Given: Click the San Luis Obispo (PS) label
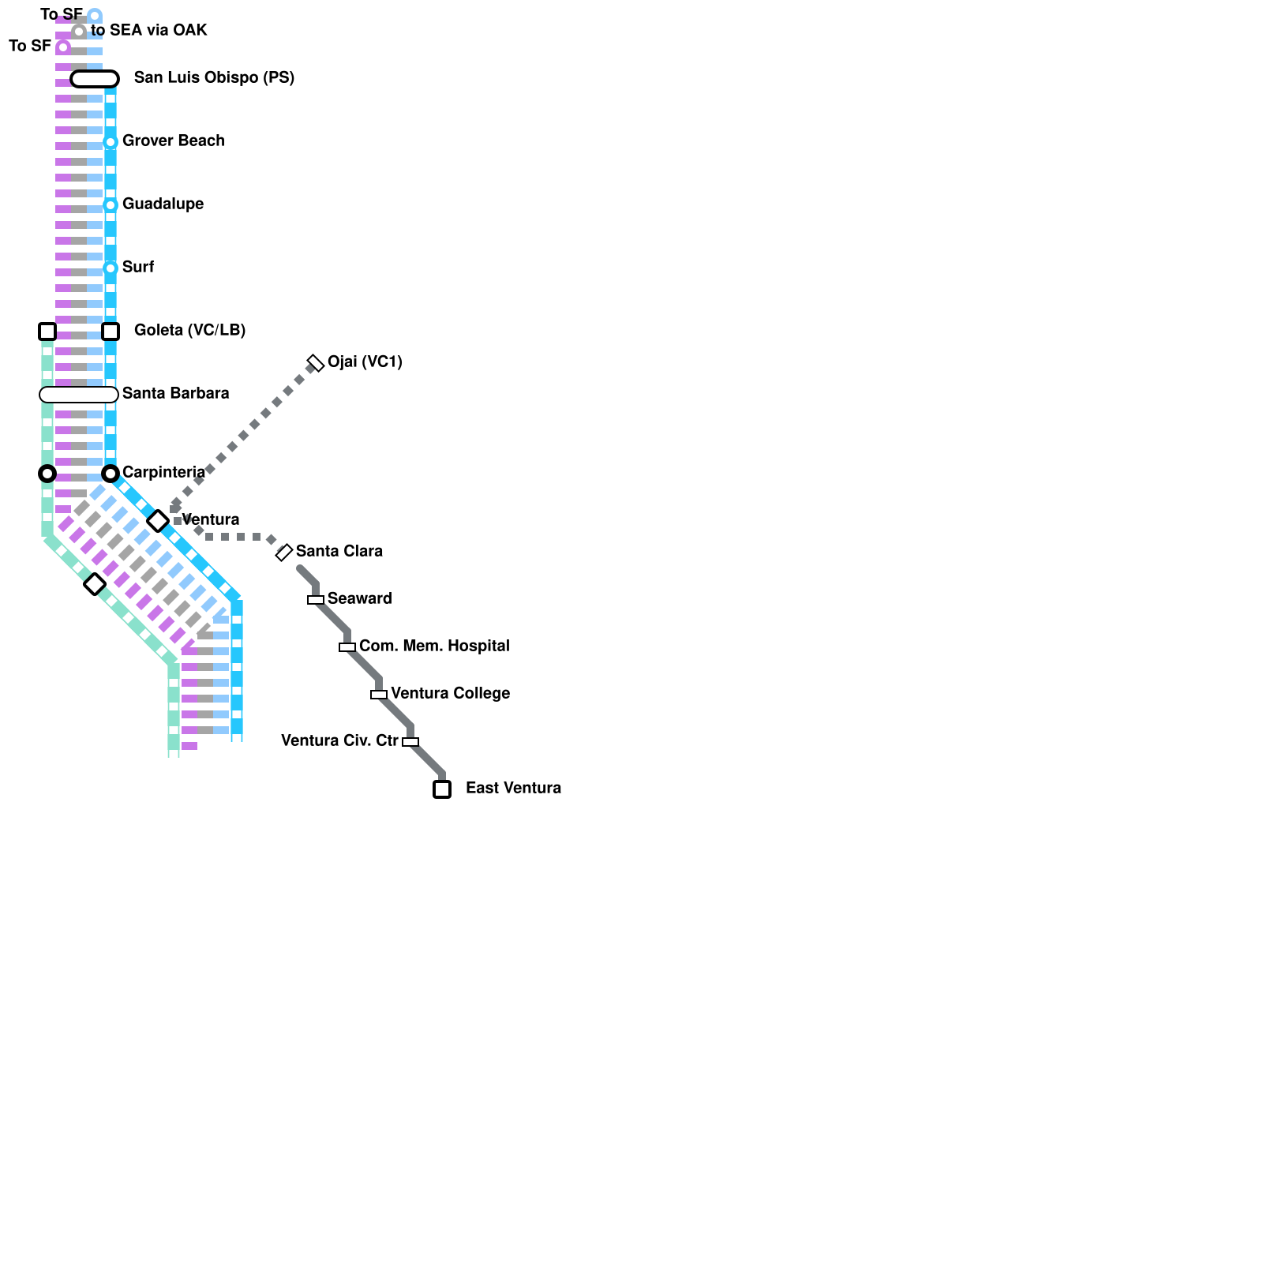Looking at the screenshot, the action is (x=214, y=78).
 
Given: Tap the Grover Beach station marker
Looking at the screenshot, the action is (x=111, y=142).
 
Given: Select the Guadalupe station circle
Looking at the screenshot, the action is (x=111, y=205).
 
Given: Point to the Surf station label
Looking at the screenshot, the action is (x=138, y=268).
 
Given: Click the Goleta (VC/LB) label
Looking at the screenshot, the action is (x=189, y=331).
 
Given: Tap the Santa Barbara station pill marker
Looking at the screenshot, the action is (x=79, y=395).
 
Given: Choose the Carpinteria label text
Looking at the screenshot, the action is (x=163, y=473).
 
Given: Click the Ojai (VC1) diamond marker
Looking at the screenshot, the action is (x=316, y=363).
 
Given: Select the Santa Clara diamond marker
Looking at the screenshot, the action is (x=284, y=553).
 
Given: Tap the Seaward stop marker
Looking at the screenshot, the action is (x=316, y=600).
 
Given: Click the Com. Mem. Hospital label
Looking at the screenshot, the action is (x=434, y=646).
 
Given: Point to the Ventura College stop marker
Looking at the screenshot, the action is (x=379, y=695).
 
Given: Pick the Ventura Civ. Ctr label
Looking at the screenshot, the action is (x=339, y=741).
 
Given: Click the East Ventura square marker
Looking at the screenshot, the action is (x=442, y=789).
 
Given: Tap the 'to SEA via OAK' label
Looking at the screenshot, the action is (x=148, y=31).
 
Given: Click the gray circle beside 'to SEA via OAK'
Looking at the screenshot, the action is (x=79, y=32).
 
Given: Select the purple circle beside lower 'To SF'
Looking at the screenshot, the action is (x=63, y=47).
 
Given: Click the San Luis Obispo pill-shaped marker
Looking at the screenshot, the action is (x=95, y=79).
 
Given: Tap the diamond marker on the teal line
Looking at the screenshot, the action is (x=95, y=584).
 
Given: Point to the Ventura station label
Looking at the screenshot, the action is (x=210, y=520).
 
